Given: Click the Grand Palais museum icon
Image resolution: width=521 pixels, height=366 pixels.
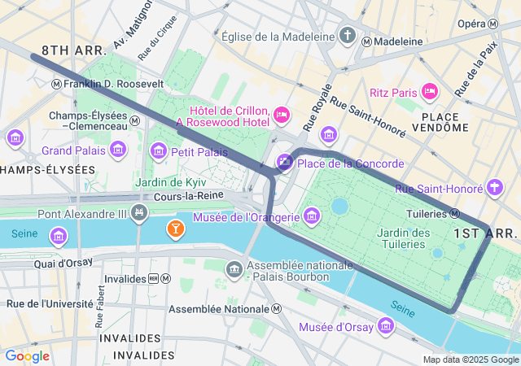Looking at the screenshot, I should point(118,150).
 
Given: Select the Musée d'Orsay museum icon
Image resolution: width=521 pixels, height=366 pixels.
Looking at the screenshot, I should point(386,327).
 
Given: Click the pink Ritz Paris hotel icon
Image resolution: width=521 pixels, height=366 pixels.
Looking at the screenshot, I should point(431,92).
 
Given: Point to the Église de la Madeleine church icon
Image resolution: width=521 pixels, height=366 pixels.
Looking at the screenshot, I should point(348,37).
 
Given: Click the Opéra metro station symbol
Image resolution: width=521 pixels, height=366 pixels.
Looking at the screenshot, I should point(493,24).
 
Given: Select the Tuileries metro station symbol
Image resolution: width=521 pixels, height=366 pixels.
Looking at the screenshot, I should point(456,214).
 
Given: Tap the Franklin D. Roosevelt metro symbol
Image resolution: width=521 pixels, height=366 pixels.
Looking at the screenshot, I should point(56,84).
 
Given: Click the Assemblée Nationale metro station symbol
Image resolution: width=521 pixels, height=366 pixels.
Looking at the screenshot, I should point(277,309).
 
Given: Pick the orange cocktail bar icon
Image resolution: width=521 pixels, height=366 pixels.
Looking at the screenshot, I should point(174,229).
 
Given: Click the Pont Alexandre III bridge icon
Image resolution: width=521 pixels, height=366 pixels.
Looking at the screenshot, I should point(139,214).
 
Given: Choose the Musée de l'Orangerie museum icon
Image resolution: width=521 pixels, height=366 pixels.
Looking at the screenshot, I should point(312,216).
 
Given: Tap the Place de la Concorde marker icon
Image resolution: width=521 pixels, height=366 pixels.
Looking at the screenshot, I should point(284,163).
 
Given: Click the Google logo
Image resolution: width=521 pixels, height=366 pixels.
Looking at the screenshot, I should point(27,355).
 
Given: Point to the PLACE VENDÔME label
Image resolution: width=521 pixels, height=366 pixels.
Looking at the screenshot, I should point(445,121).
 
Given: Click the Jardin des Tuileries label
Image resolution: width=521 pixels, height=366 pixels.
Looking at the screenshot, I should point(404,238).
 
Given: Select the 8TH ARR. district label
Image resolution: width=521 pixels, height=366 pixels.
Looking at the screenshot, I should point(73,50).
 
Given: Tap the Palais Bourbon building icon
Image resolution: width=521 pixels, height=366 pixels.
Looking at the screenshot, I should point(234,268).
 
